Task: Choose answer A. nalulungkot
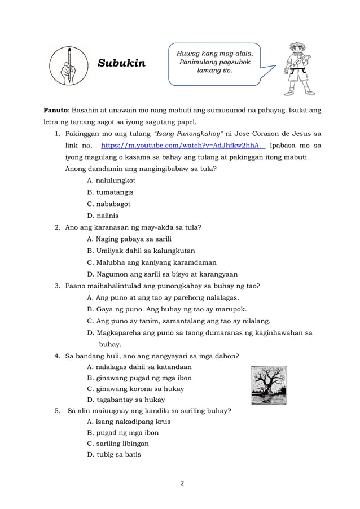coord(111,181)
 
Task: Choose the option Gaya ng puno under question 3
coord(167,309)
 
